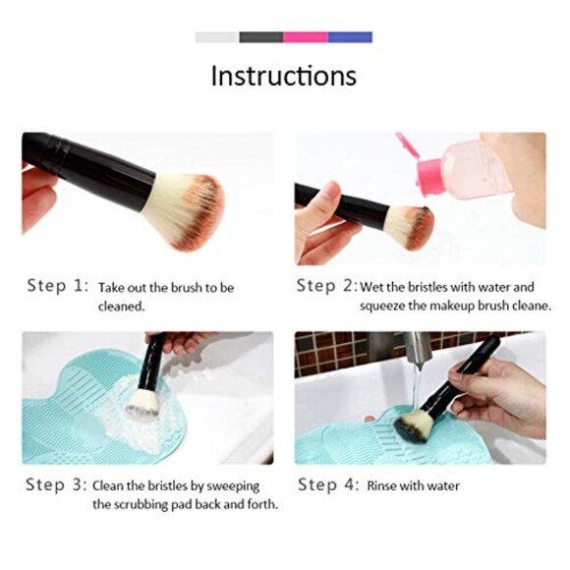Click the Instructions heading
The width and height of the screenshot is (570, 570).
[284, 76]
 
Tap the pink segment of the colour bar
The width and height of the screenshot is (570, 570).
[306, 37]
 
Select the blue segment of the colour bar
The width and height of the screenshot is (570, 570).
[350, 37]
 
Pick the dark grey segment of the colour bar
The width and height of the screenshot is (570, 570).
[260, 37]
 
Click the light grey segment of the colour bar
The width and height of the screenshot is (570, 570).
[216, 37]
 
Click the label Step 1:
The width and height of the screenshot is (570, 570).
[57, 287]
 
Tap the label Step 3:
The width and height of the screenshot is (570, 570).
[57, 484]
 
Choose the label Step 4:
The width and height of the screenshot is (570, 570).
[328, 484]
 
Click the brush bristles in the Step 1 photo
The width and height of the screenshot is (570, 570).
[187, 209]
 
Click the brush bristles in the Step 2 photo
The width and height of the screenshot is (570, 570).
[408, 225]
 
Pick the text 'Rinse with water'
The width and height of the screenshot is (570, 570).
[413, 485]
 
